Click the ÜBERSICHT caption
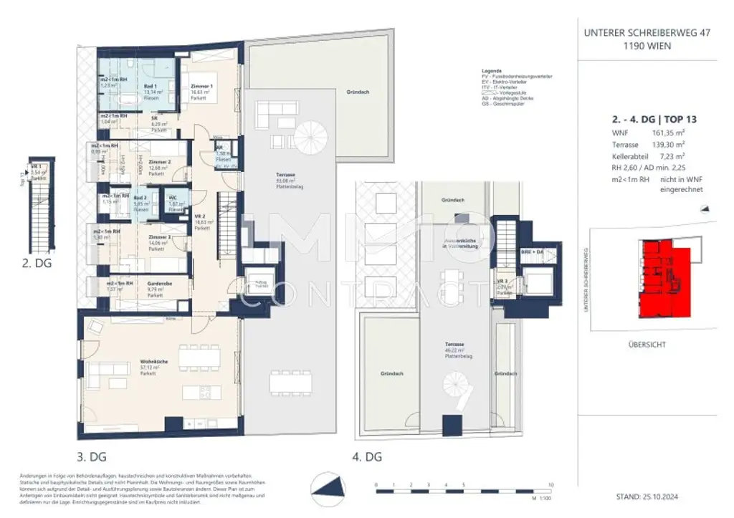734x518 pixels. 646,345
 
